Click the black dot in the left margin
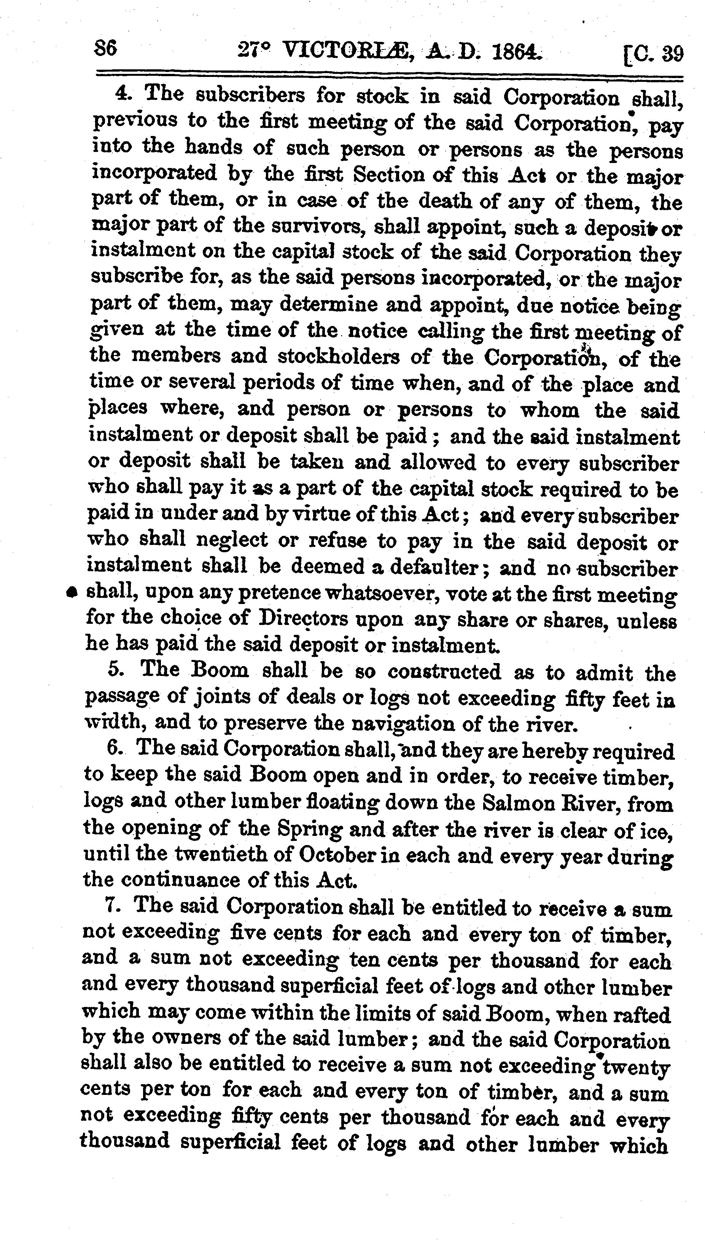point(72,592)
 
